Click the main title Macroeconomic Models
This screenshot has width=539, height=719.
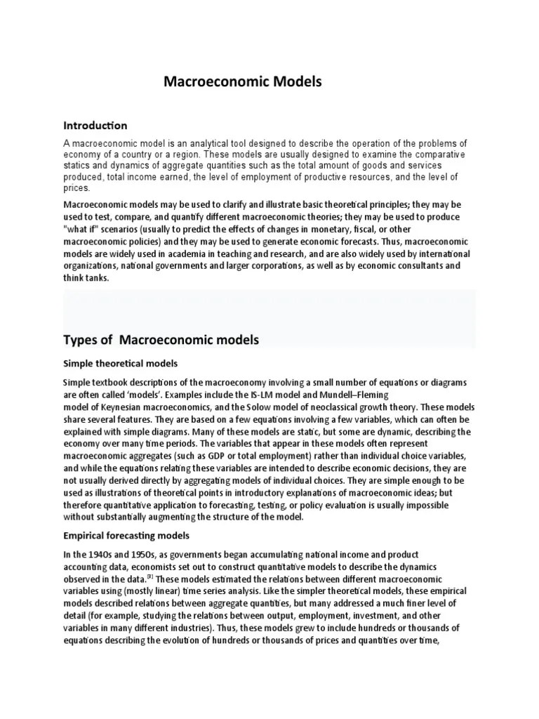click(x=242, y=82)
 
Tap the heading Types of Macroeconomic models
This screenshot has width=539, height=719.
click(x=161, y=340)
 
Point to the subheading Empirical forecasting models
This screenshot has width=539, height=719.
click(x=126, y=536)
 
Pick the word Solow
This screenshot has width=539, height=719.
click(x=272, y=407)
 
